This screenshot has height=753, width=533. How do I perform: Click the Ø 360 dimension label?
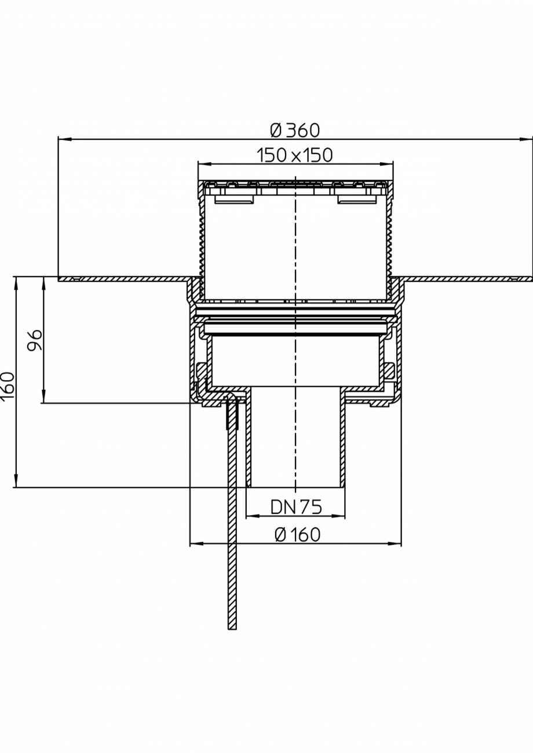295,130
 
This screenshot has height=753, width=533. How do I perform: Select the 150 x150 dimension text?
295,155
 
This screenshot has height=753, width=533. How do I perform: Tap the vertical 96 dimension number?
35,340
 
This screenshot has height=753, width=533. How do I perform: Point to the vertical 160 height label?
7,385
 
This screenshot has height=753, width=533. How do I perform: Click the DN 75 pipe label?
296,506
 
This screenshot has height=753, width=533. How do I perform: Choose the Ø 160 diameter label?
297,534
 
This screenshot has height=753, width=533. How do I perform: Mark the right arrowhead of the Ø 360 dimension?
526,139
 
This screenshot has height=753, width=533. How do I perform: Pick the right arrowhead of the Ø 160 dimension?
395,543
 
